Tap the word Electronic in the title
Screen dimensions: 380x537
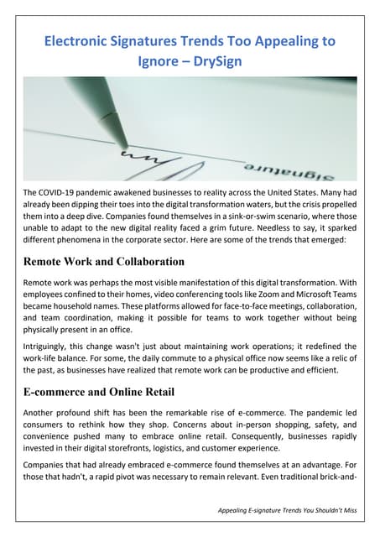coord(81,40)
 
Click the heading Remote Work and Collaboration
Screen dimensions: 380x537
coord(103,262)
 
